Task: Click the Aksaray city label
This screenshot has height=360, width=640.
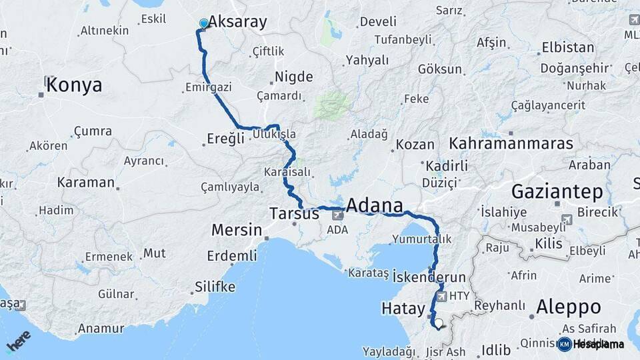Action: click(x=237, y=22)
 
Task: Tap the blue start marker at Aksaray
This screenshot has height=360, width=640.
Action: click(x=203, y=23)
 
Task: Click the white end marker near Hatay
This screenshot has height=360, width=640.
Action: click(x=439, y=323)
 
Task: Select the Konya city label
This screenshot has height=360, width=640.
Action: click(x=74, y=85)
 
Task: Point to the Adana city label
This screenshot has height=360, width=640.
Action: click(x=375, y=205)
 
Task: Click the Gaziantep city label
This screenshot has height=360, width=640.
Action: click(x=557, y=193)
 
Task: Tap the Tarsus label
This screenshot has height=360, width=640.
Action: click(x=294, y=214)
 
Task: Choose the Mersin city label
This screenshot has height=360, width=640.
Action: click(x=237, y=230)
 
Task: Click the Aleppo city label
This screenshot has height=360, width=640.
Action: click(x=569, y=307)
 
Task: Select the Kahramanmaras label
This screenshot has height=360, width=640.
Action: click(x=511, y=143)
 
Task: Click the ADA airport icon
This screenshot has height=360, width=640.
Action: click(x=338, y=215)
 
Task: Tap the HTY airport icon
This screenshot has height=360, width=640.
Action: click(x=441, y=295)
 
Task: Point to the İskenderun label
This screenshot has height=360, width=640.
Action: click(x=429, y=276)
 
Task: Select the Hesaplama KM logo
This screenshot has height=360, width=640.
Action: click(x=591, y=344)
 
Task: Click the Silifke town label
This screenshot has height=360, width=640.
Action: click(x=215, y=287)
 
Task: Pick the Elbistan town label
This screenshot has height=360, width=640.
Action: click(x=568, y=47)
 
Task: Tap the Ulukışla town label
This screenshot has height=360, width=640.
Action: click(x=274, y=134)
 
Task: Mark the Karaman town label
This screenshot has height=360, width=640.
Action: click(x=85, y=182)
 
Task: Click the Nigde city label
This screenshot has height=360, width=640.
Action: click(x=294, y=77)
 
